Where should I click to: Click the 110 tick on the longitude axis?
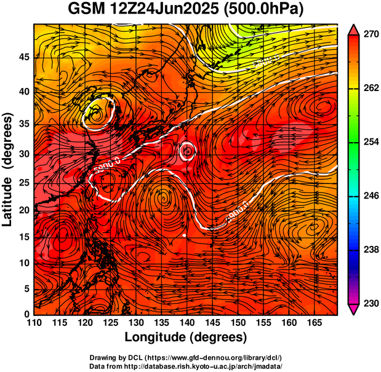34,323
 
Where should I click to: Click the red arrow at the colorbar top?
353,30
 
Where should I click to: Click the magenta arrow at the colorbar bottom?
353,309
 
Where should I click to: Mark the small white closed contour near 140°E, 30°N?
187,151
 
